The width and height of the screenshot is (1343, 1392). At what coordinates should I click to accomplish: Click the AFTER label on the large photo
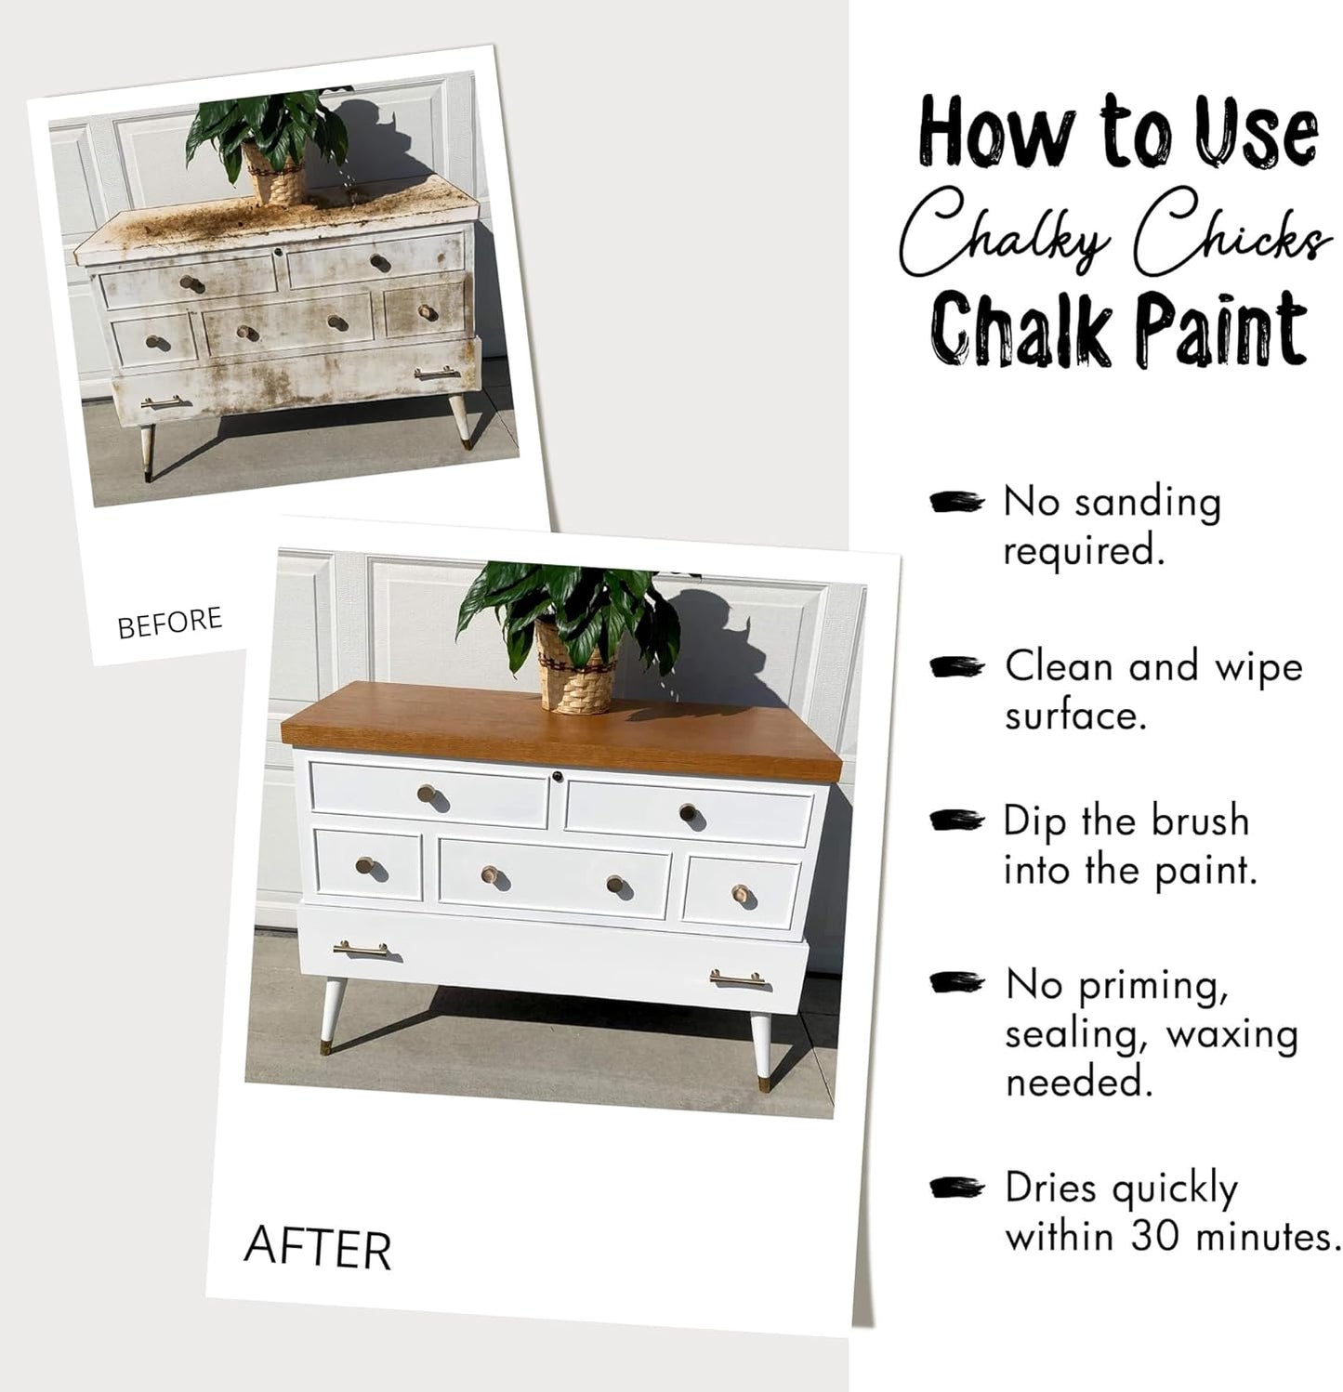pos(317,1248)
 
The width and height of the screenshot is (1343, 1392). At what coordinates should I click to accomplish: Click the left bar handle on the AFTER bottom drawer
pos(361,949)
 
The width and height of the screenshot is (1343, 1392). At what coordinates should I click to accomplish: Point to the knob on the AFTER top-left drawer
pos(428,794)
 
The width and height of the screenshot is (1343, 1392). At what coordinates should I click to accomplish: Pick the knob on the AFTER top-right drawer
pos(687,811)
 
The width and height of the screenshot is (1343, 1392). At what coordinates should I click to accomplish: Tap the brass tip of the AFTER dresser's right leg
pos(763,1082)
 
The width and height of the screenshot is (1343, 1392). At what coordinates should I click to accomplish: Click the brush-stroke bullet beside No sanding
pos(956,503)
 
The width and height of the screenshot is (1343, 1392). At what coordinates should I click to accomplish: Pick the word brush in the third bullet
pos(1200,821)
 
